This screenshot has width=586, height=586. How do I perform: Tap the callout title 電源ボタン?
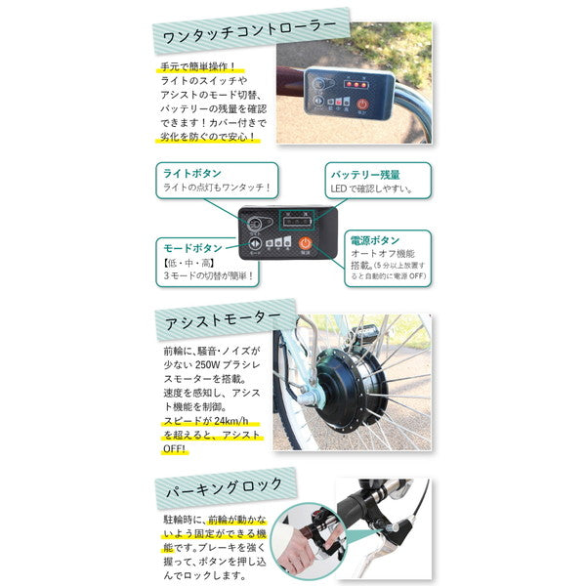(x=372, y=240)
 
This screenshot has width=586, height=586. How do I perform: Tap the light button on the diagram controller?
(x=256, y=223)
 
